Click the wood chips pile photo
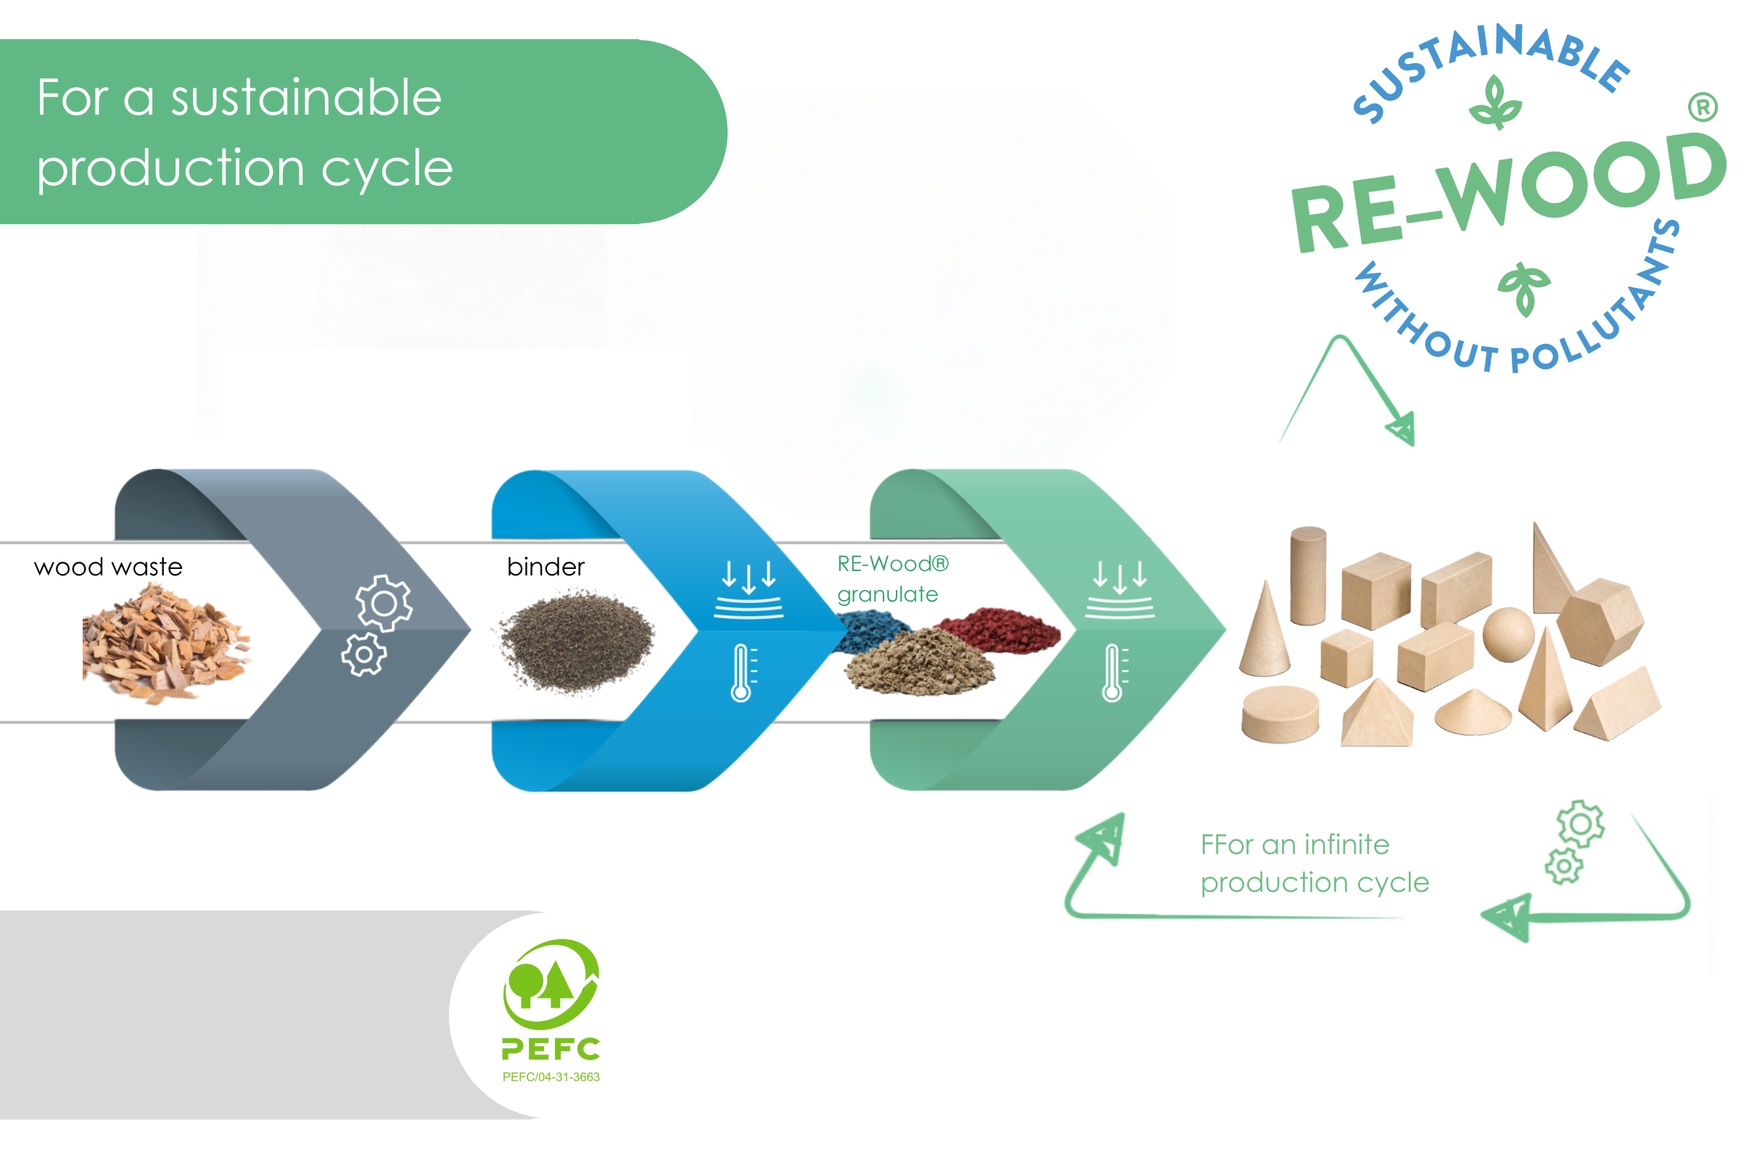[165, 642]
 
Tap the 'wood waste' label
[108, 567]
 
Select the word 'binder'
[546, 567]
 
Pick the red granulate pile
[1000, 629]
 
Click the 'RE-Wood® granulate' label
[892, 579]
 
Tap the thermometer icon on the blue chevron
[741, 673]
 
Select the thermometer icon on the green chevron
[1113, 673]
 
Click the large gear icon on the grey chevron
[384, 604]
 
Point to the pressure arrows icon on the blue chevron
[749, 589]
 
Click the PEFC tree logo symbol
[551, 983]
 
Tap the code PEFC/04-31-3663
[551, 1078]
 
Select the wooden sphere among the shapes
[1508, 633]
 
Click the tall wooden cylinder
[1308, 576]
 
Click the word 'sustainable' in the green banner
[306, 98]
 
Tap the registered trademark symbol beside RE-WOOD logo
[1702, 108]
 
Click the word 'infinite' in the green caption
[1346, 845]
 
